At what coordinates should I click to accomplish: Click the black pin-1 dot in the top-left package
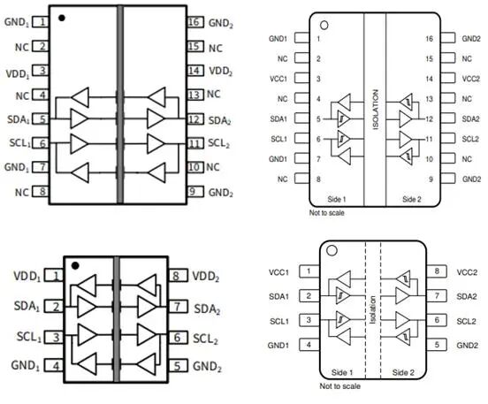pyautogui.click(x=61, y=17)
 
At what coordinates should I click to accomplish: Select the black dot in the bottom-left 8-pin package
pyautogui.click(x=76, y=263)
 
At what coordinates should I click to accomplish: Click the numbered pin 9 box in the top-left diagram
pyautogui.click(x=194, y=191)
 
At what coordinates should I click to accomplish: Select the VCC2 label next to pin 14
pyautogui.click(x=470, y=79)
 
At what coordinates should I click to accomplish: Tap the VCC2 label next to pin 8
pyautogui.click(x=468, y=271)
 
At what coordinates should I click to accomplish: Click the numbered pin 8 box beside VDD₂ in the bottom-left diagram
pyautogui.click(x=178, y=277)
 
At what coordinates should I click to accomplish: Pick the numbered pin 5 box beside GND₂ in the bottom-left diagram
pyautogui.click(x=178, y=364)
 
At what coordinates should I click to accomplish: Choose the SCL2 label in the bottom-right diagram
pyautogui.click(x=468, y=320)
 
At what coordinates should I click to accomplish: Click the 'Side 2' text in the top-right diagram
pyautogui.click(x=412, y=200)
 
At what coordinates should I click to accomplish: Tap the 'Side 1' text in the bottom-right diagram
pyautogui.click(x=341, y=373)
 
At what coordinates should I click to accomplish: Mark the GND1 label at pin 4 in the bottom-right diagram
pyautogui.click(x=279, y=345)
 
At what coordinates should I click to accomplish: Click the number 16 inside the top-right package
pyautogui.click(x=428, y=39)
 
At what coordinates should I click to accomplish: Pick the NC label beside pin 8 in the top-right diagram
pyautogui.click(x=282, y=179)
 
